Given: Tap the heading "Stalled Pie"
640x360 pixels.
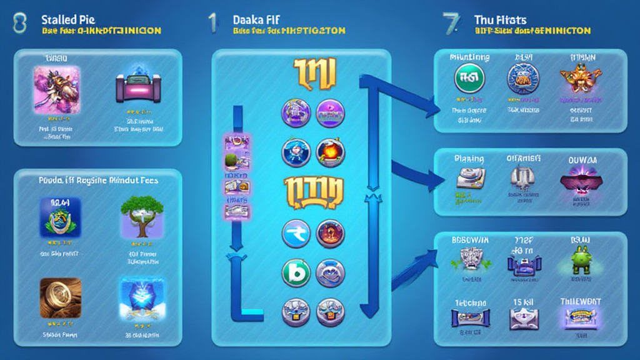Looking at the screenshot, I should tap(67, 20).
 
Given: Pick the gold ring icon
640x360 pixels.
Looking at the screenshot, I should tap(60, 298).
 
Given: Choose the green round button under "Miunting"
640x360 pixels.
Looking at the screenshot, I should tap(469, 79).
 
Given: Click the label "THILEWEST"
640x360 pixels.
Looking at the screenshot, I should tap(581, 301).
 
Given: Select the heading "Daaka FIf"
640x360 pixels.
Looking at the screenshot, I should tap(256, 20).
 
